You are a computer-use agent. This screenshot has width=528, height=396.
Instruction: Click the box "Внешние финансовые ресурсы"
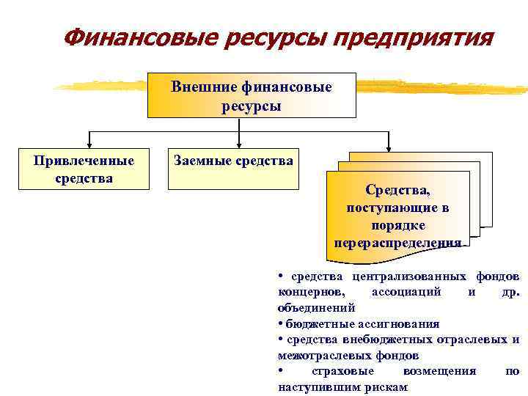252,95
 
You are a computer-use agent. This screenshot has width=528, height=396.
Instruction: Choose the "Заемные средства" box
233,169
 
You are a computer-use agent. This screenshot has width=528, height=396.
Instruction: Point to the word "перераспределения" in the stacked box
398,243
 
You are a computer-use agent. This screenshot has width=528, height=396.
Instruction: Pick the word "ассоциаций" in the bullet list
406,291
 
